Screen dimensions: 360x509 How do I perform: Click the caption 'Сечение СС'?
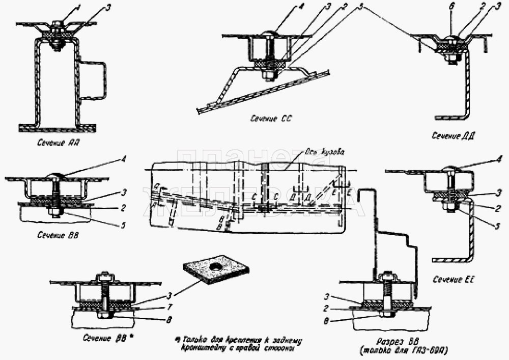(267, 118)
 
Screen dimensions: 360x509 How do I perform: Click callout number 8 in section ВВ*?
(168, 320)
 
